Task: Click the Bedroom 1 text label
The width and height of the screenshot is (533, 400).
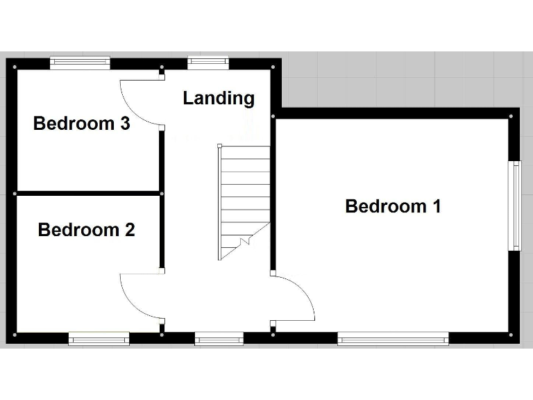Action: (x=393, y=206)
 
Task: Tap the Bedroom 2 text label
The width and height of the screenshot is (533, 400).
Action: (x=86, y=230)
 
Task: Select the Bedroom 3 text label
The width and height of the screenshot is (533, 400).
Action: (x=82, y=124)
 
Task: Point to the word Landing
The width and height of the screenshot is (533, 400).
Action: (x=219, y=99)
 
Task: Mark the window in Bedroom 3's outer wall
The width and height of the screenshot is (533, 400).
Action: (x=80, y=63)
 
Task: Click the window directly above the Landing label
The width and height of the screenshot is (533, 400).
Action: (x=208, y=63)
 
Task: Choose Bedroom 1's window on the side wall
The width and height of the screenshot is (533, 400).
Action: (x=516, y=206)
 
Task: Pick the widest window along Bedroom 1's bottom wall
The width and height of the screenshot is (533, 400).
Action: (x=393, y=339)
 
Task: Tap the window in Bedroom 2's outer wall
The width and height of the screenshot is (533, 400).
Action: (x=99, y=339)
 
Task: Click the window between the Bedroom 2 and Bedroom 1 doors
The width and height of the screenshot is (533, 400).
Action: (x=219, y=339)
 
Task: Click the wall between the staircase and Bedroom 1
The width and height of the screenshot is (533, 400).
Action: (x=273, y=194)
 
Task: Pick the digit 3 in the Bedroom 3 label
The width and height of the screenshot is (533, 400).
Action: (x=125, y=124)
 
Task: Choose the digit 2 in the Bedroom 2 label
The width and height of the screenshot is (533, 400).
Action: (x=129, y=230)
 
